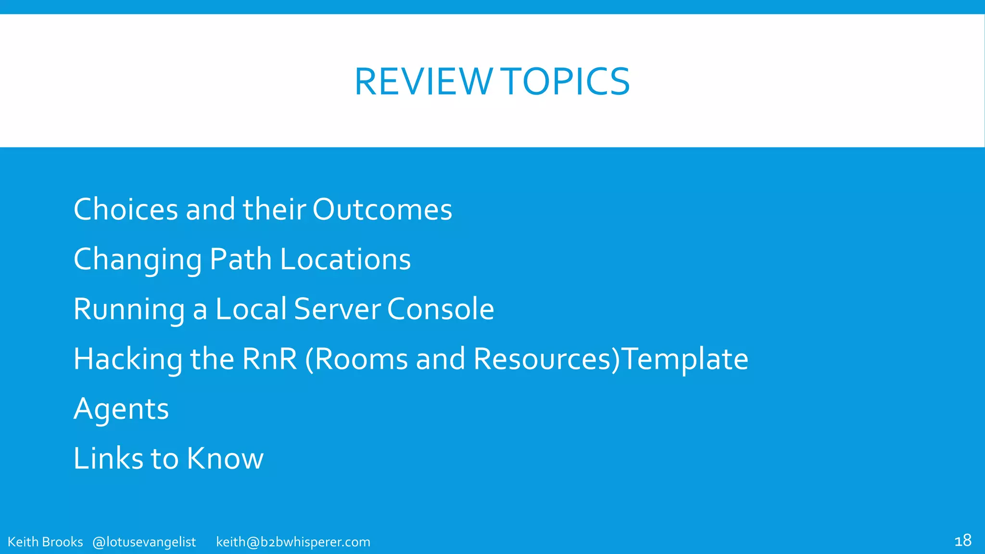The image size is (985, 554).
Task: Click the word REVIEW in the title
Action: (423, 82)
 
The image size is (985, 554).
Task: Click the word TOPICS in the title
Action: (567, 82)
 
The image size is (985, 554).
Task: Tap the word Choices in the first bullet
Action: (126, 210)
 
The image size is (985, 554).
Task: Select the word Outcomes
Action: (382, 210)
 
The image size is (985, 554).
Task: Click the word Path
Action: (241, 259)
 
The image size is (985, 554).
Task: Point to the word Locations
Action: (345, 259)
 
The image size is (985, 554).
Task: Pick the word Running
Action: (129, 309)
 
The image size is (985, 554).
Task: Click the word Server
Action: (337, 309)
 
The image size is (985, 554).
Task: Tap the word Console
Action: (441, 309)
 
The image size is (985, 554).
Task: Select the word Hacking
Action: (128, 359)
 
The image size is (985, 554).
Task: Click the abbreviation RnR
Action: (270, 359)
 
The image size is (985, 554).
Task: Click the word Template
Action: (685, 359)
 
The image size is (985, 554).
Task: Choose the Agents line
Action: (121, 409)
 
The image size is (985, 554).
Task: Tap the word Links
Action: (108, 458)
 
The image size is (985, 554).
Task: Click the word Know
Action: (225, 458)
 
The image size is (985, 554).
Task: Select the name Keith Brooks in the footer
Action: (45, 542)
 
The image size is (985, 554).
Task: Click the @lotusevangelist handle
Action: (144, 542)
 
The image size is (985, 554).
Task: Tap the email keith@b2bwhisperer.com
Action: (293, 542)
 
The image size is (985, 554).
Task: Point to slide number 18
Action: (962, 541)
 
